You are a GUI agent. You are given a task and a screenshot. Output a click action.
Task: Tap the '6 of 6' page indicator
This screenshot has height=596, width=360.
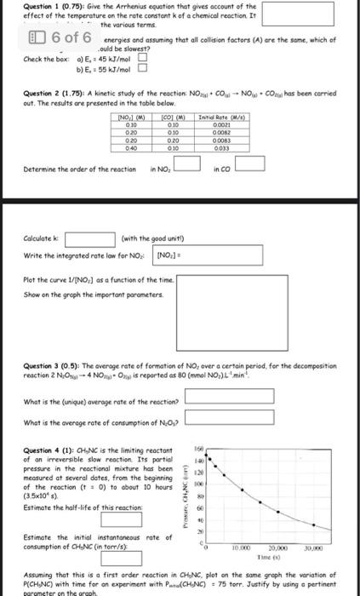52,38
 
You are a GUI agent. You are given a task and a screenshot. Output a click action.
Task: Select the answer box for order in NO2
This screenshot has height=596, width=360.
190,165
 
